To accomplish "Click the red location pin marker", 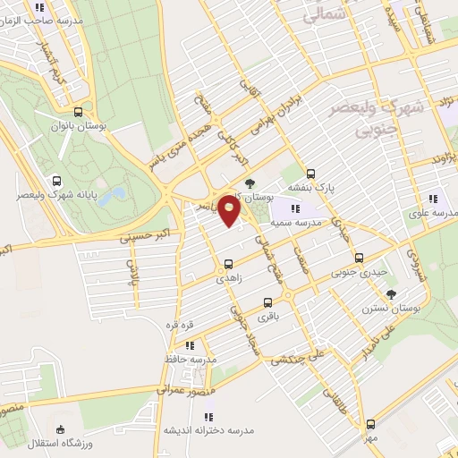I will click(230, 213).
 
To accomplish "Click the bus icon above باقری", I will click(267, 301).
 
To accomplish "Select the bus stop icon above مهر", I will click(371, 424).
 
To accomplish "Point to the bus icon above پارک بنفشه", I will click(310, 174).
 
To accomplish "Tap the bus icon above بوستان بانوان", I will click(79, 113).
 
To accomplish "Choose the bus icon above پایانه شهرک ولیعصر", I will click(58, 179).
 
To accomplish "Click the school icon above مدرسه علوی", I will click(433, 199).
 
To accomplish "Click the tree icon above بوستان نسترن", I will click(390, 293).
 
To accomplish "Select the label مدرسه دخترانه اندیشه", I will click(213, 429).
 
